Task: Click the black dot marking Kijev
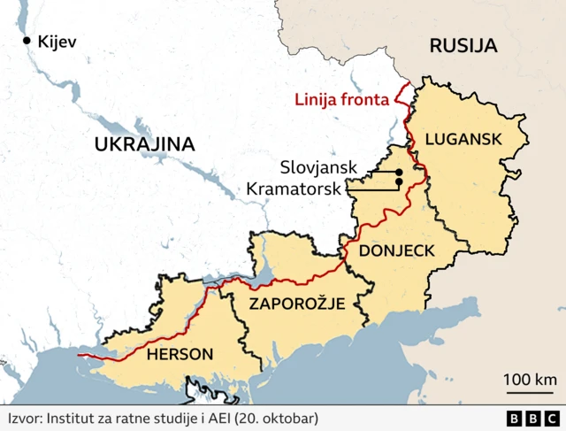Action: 27,41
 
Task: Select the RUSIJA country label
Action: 463,46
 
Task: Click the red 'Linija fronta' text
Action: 341,100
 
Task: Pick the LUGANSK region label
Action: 463,138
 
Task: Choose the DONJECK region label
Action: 396,250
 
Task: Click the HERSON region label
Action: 180,355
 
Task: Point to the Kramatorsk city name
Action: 294,188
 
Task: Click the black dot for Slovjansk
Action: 400,172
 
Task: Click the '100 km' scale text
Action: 530,380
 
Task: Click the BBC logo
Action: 532,419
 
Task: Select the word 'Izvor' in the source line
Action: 24,418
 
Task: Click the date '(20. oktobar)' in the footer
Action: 274,418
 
